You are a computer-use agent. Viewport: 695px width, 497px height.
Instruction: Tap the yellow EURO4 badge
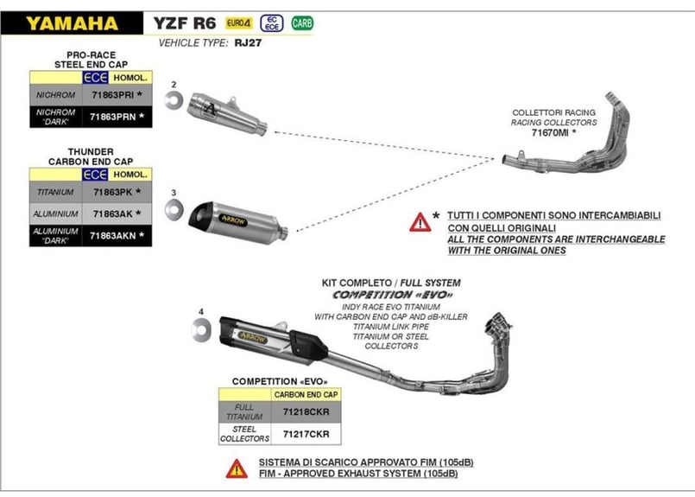point(239,23)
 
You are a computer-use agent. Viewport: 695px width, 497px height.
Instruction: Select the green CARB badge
point(302,23)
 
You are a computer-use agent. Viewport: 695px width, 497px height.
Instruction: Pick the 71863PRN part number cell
point(111,116)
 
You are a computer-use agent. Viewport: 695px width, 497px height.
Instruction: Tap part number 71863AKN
point(111,234)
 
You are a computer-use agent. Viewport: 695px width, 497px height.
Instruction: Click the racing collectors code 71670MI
point(551,134)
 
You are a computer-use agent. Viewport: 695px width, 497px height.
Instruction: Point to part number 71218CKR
point(306,412)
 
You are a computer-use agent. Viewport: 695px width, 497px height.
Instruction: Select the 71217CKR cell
point(306,434)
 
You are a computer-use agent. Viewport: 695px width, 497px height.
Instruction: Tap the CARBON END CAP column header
point(306,394)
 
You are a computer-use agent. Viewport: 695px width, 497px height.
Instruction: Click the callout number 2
point(174,84)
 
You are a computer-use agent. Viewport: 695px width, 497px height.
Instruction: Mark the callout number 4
point(200,310)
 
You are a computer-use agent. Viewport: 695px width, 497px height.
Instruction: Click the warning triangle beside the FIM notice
point(236,468)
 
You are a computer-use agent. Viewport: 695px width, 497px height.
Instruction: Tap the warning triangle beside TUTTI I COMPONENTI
point(420,222)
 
